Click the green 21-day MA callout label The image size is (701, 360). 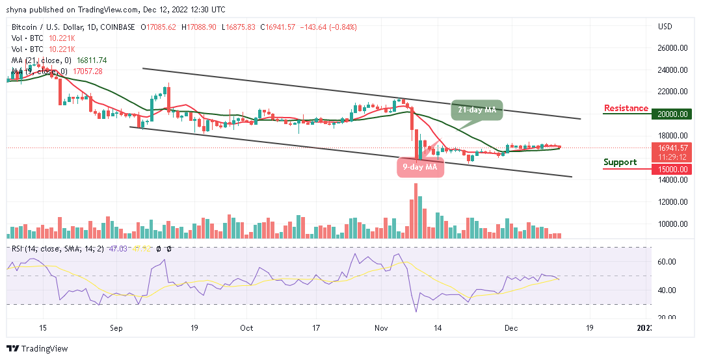coord(477,110)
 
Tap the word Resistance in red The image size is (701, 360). coord(626,108)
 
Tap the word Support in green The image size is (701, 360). coord(620,162)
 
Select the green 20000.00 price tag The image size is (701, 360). coord(672,114)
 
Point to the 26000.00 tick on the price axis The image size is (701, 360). coord(672,48)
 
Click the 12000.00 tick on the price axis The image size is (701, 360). coord(672,202)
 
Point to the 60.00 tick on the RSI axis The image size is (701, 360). coord(668,262)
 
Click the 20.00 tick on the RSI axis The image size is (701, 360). coord(668,318)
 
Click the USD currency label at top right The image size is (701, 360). coord(665,27)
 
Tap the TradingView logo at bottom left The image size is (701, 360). coord(37,349)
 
